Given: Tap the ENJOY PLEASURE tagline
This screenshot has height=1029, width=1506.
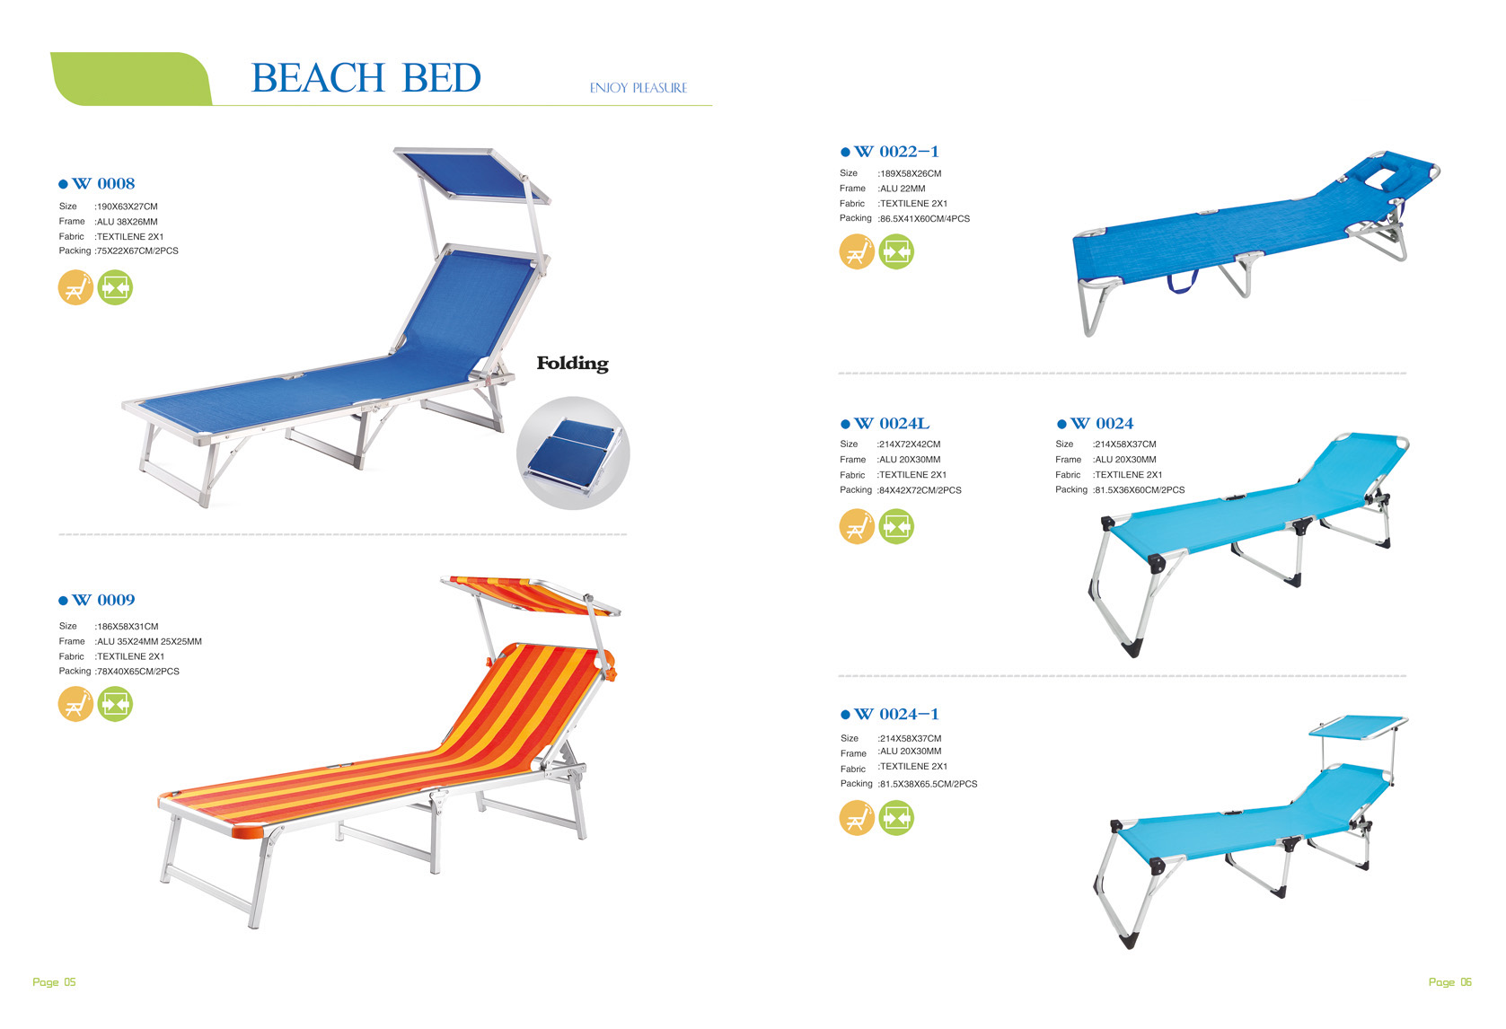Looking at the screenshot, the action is click(638, 88).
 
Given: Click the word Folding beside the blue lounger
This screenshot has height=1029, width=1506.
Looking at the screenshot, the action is click(572, 364).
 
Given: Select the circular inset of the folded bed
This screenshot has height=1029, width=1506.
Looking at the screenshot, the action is click(573, 453).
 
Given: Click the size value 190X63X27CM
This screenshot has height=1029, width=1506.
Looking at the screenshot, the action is click(127, 207).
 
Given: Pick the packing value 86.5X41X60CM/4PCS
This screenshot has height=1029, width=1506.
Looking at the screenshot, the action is click(924, 218).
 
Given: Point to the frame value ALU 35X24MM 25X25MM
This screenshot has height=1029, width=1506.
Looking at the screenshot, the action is click(148, 641).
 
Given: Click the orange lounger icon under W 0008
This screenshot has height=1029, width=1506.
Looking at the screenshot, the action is click(75, 287).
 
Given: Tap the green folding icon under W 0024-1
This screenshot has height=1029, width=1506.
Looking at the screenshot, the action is click(896, 818).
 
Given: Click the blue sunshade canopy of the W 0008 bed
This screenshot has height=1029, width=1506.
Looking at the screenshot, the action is click(472, 174).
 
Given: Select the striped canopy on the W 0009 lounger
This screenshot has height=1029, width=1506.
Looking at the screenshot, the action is click(531, 594).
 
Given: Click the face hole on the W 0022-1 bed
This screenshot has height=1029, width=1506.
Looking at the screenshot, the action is click(1384, 177).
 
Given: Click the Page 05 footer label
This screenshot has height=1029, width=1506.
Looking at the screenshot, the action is click(55, 982).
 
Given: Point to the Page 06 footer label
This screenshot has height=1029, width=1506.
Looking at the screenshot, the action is click(1450, 982).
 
